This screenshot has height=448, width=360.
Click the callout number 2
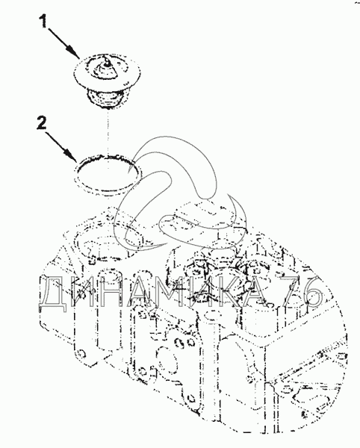click(42, 123)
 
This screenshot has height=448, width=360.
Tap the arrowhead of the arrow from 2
click(71, 155)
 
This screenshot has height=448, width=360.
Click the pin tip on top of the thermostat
click(107, 60)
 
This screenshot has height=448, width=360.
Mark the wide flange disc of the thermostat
click(108, 73)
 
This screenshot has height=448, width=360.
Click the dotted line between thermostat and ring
click(108, 132)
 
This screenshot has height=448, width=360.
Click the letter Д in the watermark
click(53, 293)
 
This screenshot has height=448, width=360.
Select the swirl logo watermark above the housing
click(180, 194)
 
